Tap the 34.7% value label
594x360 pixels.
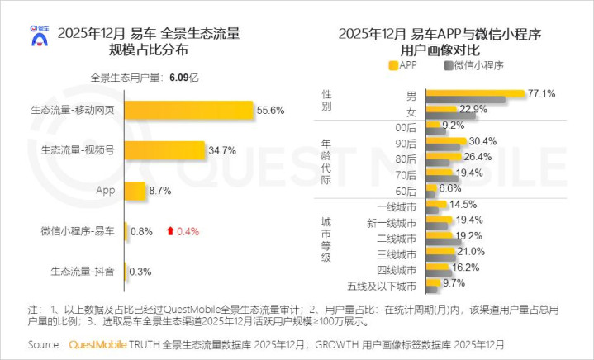(223, 150)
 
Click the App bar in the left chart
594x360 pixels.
(135, 191)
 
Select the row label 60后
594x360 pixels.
(406, 188)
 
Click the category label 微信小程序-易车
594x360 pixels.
(79, 230)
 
